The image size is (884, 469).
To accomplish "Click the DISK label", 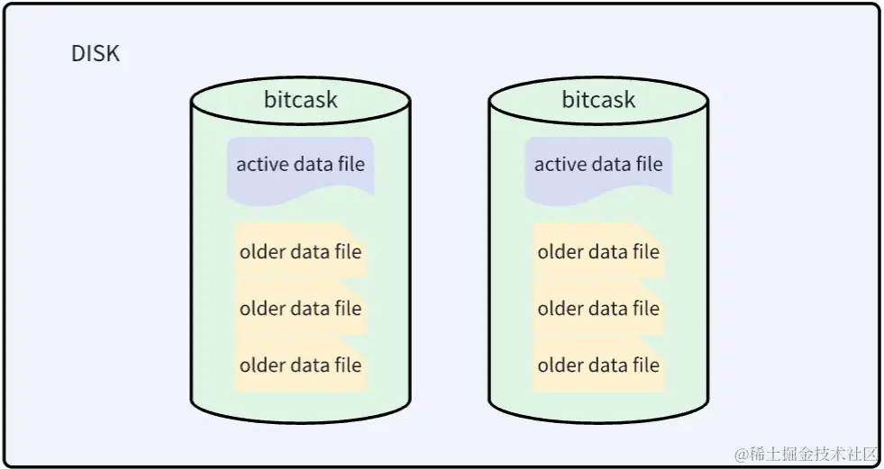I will pyautogui.click(x=96, y=54).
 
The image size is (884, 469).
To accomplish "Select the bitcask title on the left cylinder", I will pyautogui.click(x=300, y=99).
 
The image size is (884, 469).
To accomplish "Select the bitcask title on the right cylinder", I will pyautogui.click(x=598, y=99).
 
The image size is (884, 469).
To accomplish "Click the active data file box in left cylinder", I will pyautogui.click(x=300, y=166).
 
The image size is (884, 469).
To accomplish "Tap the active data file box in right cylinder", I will pyautogui.click(x=598, y=166).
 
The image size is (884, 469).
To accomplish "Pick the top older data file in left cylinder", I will pyautogui.click(x=300, y=252).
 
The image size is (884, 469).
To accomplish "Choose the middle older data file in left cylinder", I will pyautogui.click(x=300, y=309).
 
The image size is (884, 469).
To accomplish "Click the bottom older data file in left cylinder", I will pyautogui.click(x=300, y=365).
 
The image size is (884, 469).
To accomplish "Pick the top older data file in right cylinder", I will pyautogui.click(x=598, y=252).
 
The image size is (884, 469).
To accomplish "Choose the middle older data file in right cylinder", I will pyautogui.click(x=598, y=309).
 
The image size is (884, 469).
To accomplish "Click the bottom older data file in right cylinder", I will pyautogui.click(x=598, y=365).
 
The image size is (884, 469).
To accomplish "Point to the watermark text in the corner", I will pyautogui.click(x=806, y=453).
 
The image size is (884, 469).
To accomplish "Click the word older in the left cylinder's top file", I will pyautogui.click(x=262, y=252).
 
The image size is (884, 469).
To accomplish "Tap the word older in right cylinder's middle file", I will pyautogui.click(x=560, y=309).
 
